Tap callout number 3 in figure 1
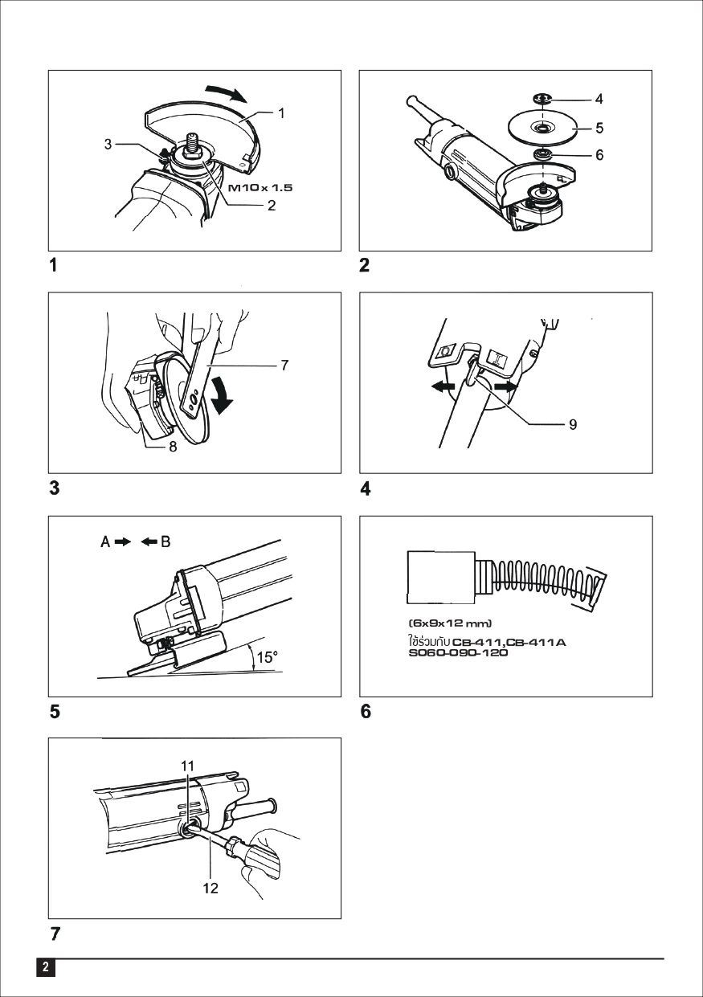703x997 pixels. [108, 145]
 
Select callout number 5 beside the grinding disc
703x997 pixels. [599, 127]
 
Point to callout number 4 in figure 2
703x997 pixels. [599, 100]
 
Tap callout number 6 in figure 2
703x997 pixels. [599, 155]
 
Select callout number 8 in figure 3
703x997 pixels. [172, 448]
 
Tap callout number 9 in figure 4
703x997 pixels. [572, 424]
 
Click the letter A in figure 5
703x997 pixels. [105, 542]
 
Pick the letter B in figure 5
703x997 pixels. [166, 542]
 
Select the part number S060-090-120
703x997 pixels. [458, 652]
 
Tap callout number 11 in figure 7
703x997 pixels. [187, 766]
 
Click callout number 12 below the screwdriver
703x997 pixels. [210, 889]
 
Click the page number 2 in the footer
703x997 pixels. [46, 966]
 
